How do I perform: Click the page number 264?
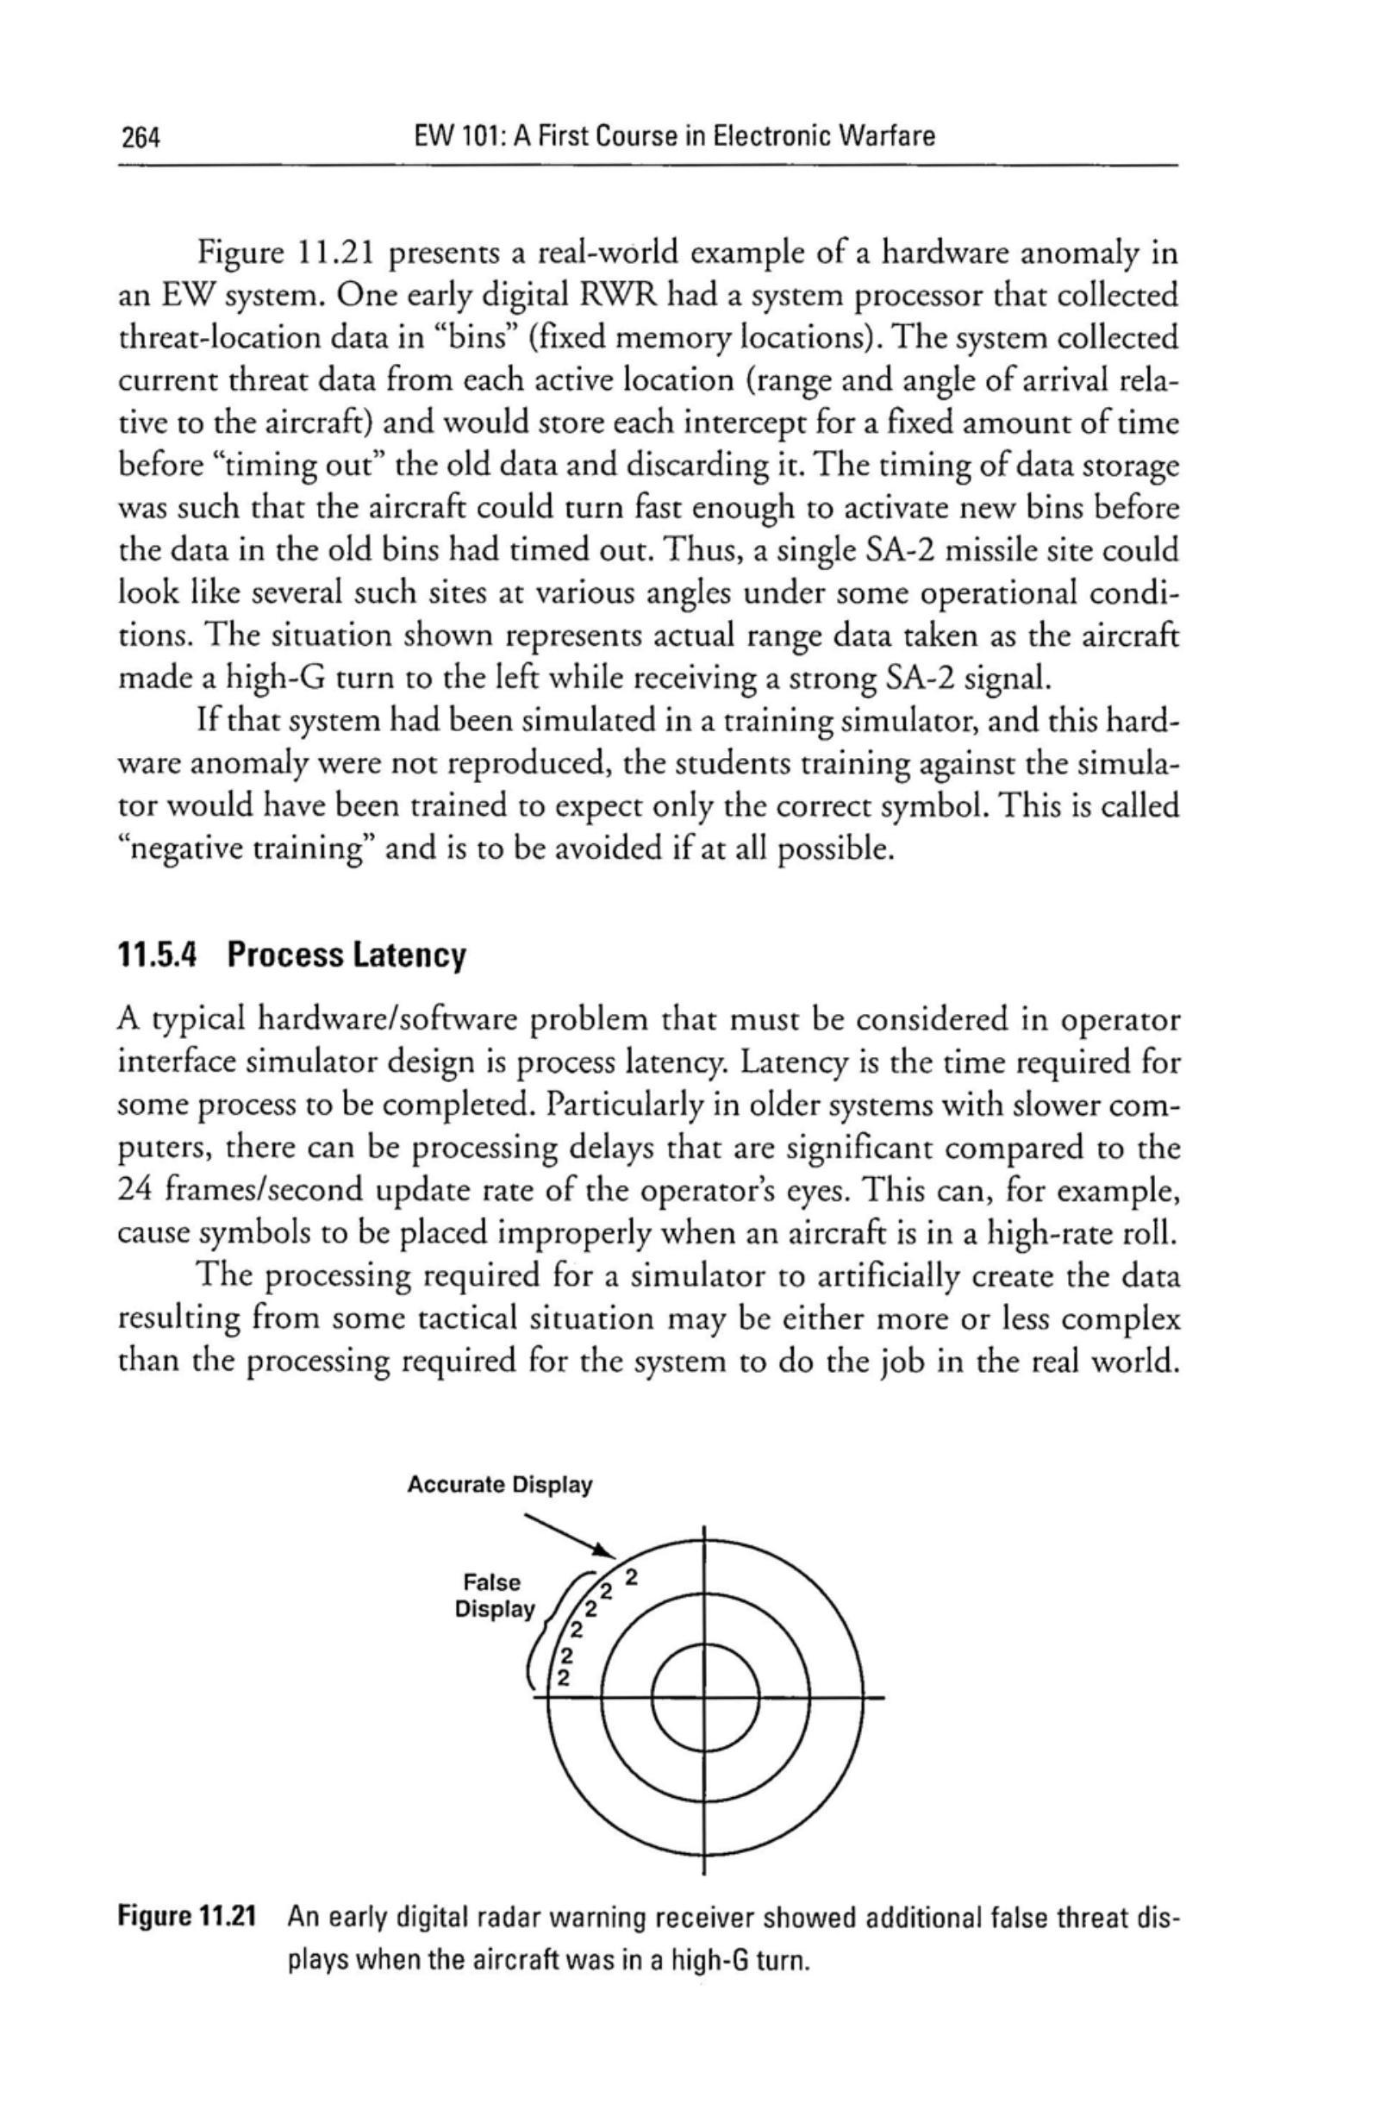click(x=138, y=138)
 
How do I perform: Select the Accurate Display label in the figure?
click(x=499, y=1485)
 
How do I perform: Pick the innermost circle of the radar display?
click(x=704, y=1698)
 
